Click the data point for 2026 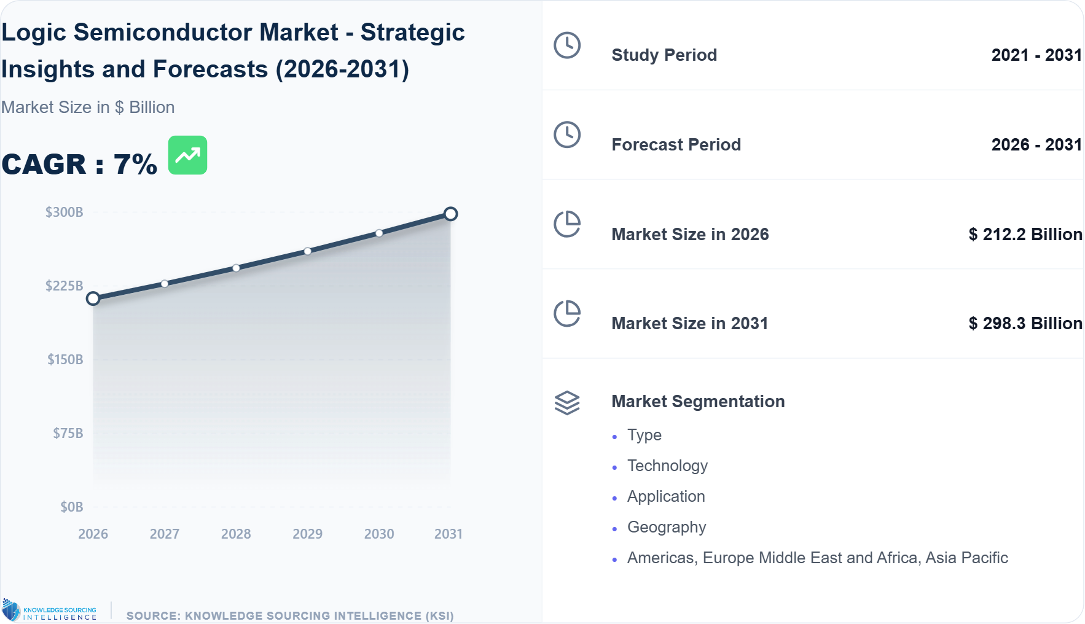[93, 298]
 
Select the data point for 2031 [450, 214]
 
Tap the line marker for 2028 [236, 268]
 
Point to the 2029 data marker [307, 251]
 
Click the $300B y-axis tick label [64, 213]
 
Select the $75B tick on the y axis [68, 434]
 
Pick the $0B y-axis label [71, 507]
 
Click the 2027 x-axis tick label [165, 534]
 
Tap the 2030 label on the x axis [379, 534]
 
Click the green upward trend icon [187, 155]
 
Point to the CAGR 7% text [79, 165]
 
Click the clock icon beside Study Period [566, 45]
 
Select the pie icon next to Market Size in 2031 [566, 314]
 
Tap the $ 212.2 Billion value [1025, 235]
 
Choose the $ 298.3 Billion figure [1025, 324]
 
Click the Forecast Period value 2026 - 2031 [1036, 145]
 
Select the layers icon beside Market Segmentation [566, 403]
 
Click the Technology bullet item [667, 466]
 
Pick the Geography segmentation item [667, 528]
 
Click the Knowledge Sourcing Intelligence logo [50, 610]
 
